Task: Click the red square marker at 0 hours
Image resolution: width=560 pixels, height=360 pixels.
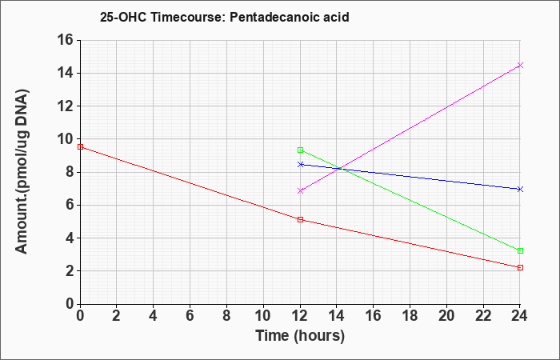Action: [80, 146]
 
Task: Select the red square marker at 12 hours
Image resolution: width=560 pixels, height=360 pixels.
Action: [300, 220]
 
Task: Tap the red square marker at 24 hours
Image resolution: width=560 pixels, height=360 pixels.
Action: [520, 267]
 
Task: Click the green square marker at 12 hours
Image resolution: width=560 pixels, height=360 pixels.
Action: [300, 150]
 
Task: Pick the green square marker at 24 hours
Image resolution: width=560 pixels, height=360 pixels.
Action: [520, 250]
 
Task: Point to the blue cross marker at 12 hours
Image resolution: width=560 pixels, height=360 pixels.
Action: [300, 164]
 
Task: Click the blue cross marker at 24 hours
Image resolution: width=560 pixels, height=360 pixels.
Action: [520, 189]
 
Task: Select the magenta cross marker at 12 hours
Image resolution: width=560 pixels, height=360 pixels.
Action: [300, 190]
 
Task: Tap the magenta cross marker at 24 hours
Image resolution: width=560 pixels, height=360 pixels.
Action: [520, 65]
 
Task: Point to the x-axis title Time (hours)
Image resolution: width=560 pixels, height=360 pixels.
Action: [300, 336]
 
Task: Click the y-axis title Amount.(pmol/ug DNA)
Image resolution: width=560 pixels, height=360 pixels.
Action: [22, 172]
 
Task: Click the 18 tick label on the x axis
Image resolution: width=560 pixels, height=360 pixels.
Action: [410, 316]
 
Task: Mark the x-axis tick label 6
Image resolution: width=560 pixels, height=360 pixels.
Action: [190, 316]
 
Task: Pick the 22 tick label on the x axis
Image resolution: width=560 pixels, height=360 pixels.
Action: [483, 316]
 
